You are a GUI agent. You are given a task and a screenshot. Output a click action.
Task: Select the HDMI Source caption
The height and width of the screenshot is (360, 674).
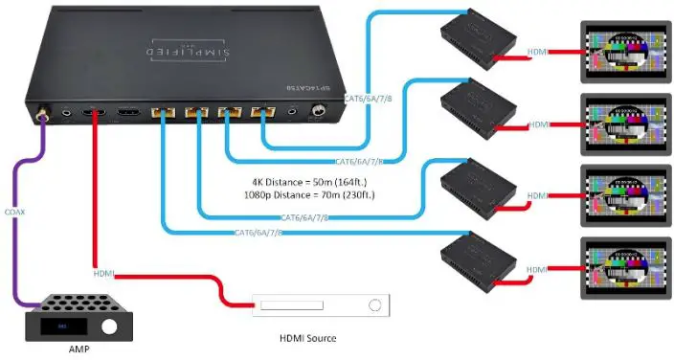coord(306,337)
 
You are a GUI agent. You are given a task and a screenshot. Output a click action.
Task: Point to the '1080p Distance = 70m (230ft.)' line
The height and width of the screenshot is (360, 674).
coord(308,195)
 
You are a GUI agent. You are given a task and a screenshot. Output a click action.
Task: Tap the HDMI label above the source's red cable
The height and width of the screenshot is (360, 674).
coord(104,276)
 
